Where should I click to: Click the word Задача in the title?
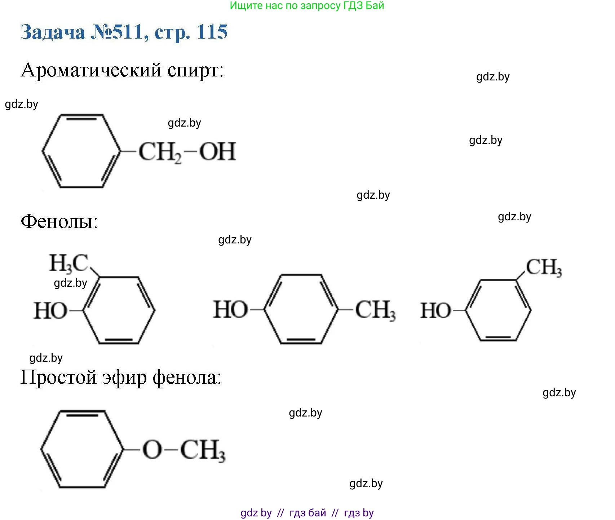click(x=53, y=32)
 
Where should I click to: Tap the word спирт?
click(x=195, y=70)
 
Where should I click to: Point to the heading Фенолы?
click(x=59, y=221)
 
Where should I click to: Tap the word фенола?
click(x=187, y=378)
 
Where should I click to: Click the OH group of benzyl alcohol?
click(x=218, y=151)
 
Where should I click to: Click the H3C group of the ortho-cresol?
click(x=69, y=263)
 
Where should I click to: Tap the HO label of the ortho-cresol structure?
click(x=50, y=311)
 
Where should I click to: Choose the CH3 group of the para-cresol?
click(x=375, y=310)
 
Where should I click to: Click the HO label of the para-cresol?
click(x=231, y=310)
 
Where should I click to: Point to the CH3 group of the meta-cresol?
click(x=544, y=268)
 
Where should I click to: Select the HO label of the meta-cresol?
click(x=436, y=310)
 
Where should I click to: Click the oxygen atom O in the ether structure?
click(x=152, y=450)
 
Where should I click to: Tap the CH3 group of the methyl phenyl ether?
click(x=203, y=450)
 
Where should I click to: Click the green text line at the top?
click(x=307, y=5)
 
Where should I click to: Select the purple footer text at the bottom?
click(x=307, y=512)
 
